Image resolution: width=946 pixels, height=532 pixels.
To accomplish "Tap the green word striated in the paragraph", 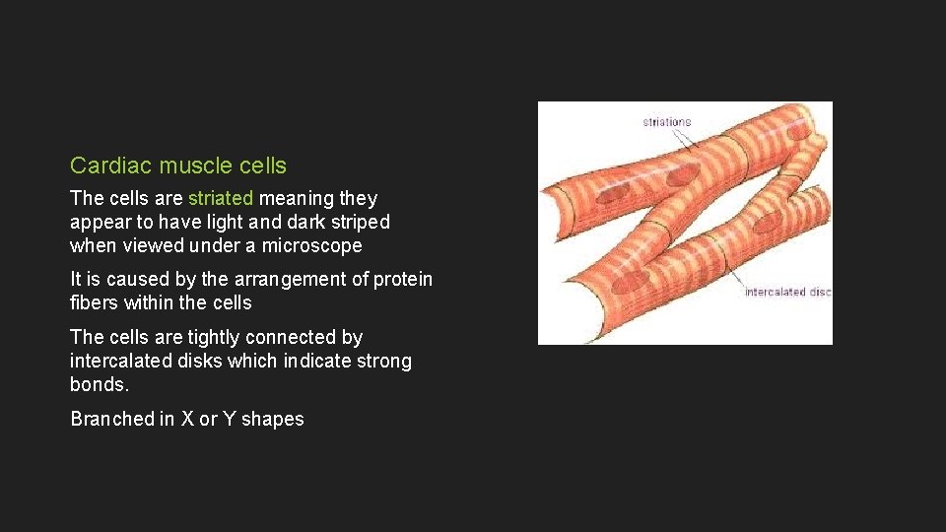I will point(220,199).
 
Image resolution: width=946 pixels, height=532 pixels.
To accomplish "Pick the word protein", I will point(402,280).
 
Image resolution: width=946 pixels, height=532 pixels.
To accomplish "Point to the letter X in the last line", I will point(186,420).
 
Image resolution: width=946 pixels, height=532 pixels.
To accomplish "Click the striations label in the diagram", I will point(667,122).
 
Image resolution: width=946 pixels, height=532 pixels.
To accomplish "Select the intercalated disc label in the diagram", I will point(787,293).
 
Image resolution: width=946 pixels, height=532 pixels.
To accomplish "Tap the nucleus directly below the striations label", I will point(682,175).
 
